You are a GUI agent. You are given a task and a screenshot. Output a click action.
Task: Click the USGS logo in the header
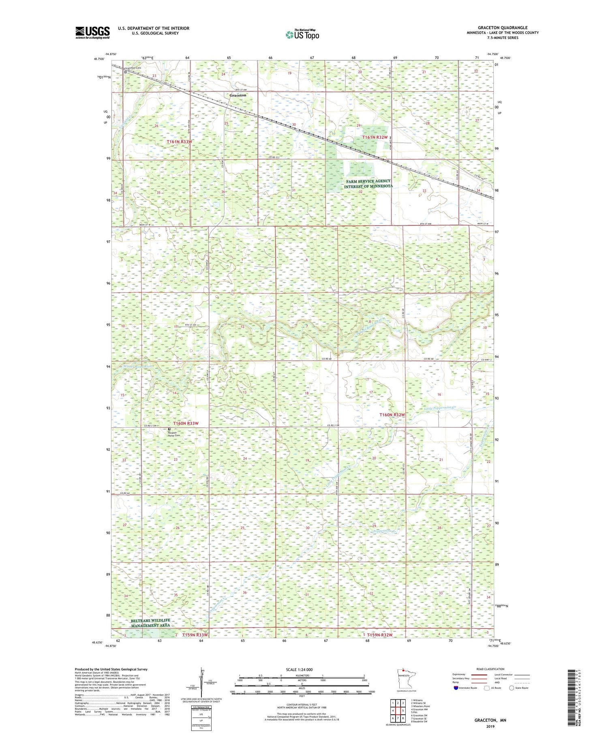[92, 32]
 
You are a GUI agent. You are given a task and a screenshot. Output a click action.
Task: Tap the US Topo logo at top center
[302, 35]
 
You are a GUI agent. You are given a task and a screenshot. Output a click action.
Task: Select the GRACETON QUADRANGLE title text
[502, 28]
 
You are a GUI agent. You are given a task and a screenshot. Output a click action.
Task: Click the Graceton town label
[238, 95]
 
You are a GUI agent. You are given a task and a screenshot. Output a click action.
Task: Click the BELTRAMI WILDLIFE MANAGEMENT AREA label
[150, 623]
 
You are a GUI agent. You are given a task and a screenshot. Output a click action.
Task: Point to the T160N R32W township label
[392, 415]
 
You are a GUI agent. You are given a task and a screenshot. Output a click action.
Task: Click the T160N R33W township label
[186, 423]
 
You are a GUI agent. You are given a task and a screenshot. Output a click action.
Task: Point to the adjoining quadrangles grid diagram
[398, 707]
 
